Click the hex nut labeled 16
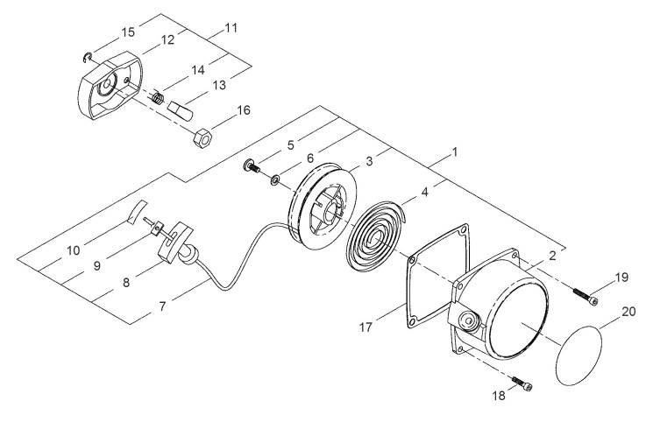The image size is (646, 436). click(202, 137)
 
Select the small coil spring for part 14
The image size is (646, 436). click(158, 98)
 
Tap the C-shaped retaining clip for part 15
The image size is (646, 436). click(87, 58)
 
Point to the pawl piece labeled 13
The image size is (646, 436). click(180, 110)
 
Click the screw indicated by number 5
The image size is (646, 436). click(252, 165)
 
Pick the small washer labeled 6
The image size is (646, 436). click(274, 179)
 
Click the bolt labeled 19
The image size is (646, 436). click(585, 297)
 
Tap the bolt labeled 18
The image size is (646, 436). click(522, 383)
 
